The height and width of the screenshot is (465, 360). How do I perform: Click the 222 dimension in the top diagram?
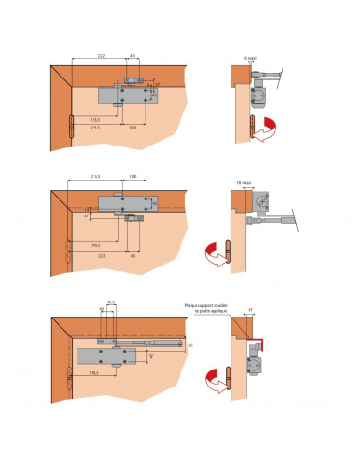click(101, 57)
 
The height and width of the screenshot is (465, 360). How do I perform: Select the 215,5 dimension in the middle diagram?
click(94, 177)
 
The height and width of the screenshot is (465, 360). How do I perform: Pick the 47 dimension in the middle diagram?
click(87, 216)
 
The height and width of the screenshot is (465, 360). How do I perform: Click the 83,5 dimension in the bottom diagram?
click(111, 302)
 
